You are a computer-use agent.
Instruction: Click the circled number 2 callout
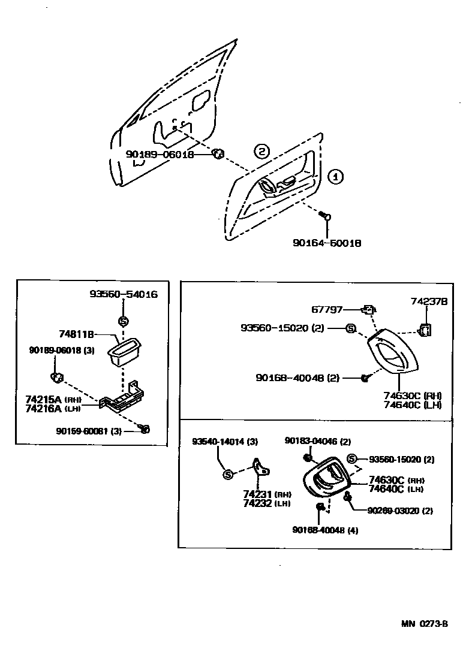pos(261,150)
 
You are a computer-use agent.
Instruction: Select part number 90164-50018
pos(327,243)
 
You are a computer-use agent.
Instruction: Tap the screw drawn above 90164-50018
pos(324,215)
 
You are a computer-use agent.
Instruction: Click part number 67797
pos(326,310)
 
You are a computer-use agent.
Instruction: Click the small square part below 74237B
pos(425,330)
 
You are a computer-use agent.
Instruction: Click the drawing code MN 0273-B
pos(425,623)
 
